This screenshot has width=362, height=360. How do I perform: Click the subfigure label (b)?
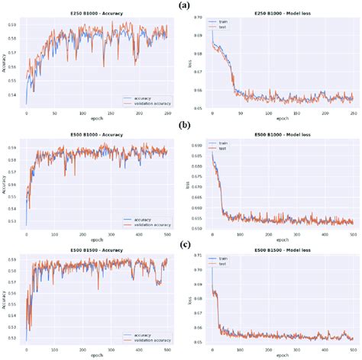coord(185,123)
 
